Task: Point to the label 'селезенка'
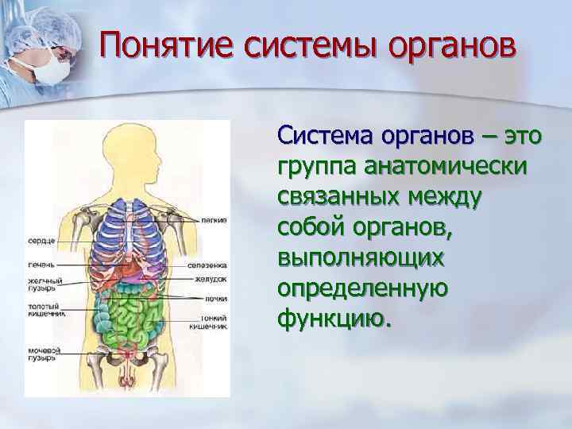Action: (208, 265)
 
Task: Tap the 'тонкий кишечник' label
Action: (210, 322)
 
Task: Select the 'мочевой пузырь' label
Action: (41, 354)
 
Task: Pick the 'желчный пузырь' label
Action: (41, 284)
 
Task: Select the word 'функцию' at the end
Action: (334, 319)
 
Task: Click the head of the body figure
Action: (128, 152)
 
